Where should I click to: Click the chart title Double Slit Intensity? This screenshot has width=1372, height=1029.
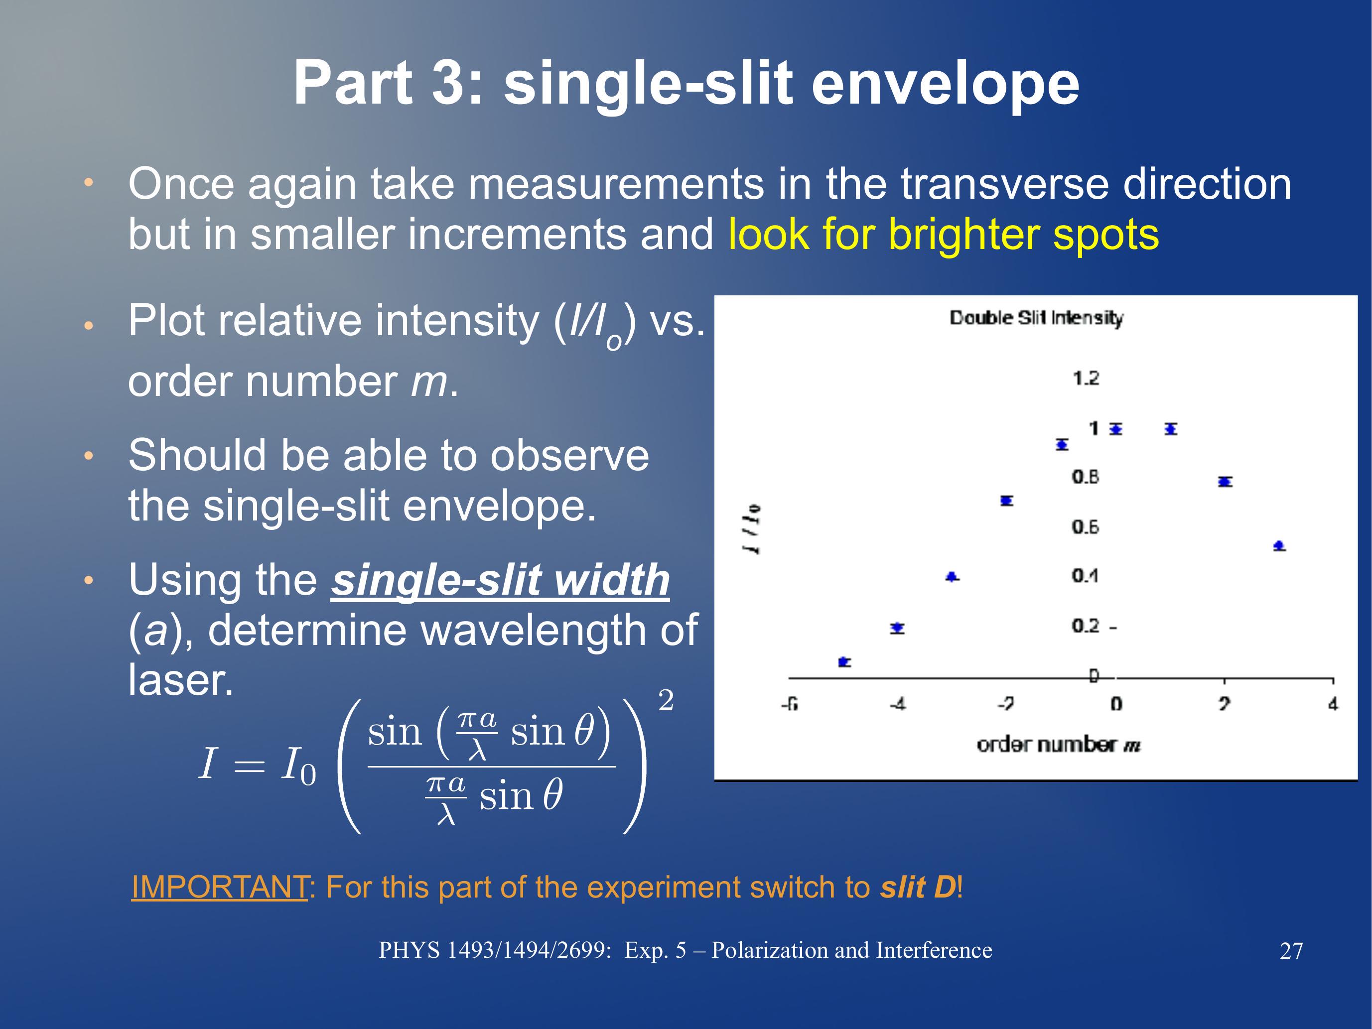pyautogui.click(x=1036, y=318)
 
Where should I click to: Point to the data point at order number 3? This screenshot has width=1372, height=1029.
pyautogui.click(x=1279, y=546)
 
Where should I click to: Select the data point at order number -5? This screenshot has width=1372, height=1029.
pyautogui.click(x=844, y=662)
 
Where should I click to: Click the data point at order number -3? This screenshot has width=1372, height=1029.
pyautogui.click(x=952, y=577)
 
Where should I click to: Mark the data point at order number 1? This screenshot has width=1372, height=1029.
pyautogui.click(x=1170, y=429)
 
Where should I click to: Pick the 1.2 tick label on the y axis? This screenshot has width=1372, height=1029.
pyautogui.click(x=1086, y=378)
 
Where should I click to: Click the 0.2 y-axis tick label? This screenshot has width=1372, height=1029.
pyautogui.click(x=1086, y=626)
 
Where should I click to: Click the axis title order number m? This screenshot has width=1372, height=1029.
pyautogui.click(x=1058, y=744)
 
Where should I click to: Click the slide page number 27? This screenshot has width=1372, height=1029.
pyautogui.click(x=1291, y=951)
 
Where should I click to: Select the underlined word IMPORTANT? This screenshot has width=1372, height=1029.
pyautogui.click(x=220, y=887)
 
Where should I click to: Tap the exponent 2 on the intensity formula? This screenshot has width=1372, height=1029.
pyautogui.click(x=666, y=700)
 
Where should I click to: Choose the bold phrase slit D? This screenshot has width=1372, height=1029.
pyautogui.click(x=918, y=887)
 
